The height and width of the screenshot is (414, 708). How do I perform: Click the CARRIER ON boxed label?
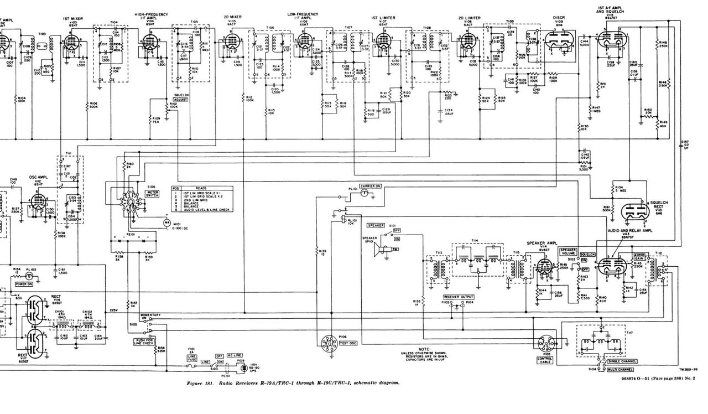point(370,186)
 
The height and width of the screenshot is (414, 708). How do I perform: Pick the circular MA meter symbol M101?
point(165,222)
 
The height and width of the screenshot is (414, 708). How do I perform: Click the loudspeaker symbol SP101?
point(379,251)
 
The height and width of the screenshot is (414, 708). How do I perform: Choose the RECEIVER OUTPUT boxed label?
point(459,297)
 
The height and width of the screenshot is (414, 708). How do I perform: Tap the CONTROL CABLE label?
point(545,360)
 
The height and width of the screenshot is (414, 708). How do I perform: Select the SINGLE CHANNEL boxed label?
point(622,361)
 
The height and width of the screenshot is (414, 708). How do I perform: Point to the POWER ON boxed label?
point(24,283)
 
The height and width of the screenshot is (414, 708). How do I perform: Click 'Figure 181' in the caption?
point(199,382)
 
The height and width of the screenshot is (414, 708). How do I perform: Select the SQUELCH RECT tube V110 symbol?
point(632,211)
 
